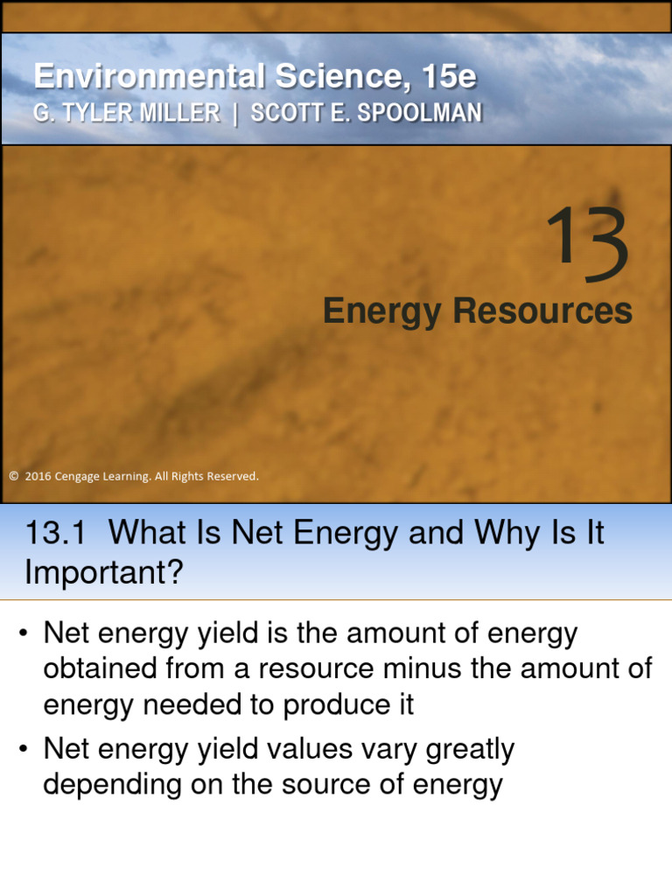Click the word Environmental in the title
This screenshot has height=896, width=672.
148,77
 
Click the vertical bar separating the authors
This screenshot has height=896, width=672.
235,114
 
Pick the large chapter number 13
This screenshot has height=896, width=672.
586,246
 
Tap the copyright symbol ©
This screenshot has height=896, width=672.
13,477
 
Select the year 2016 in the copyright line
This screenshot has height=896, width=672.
38,477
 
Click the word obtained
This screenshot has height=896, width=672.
96,669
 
